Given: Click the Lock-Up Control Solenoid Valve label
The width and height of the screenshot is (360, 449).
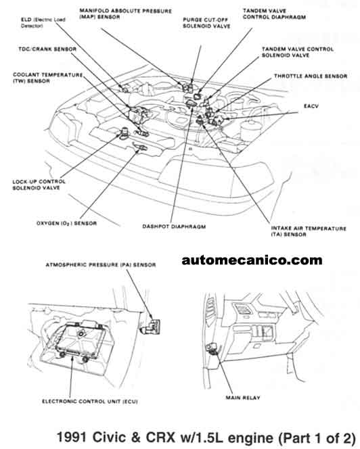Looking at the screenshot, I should coord(40,185).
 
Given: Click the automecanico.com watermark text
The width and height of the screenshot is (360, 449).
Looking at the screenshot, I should coord(252,260).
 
